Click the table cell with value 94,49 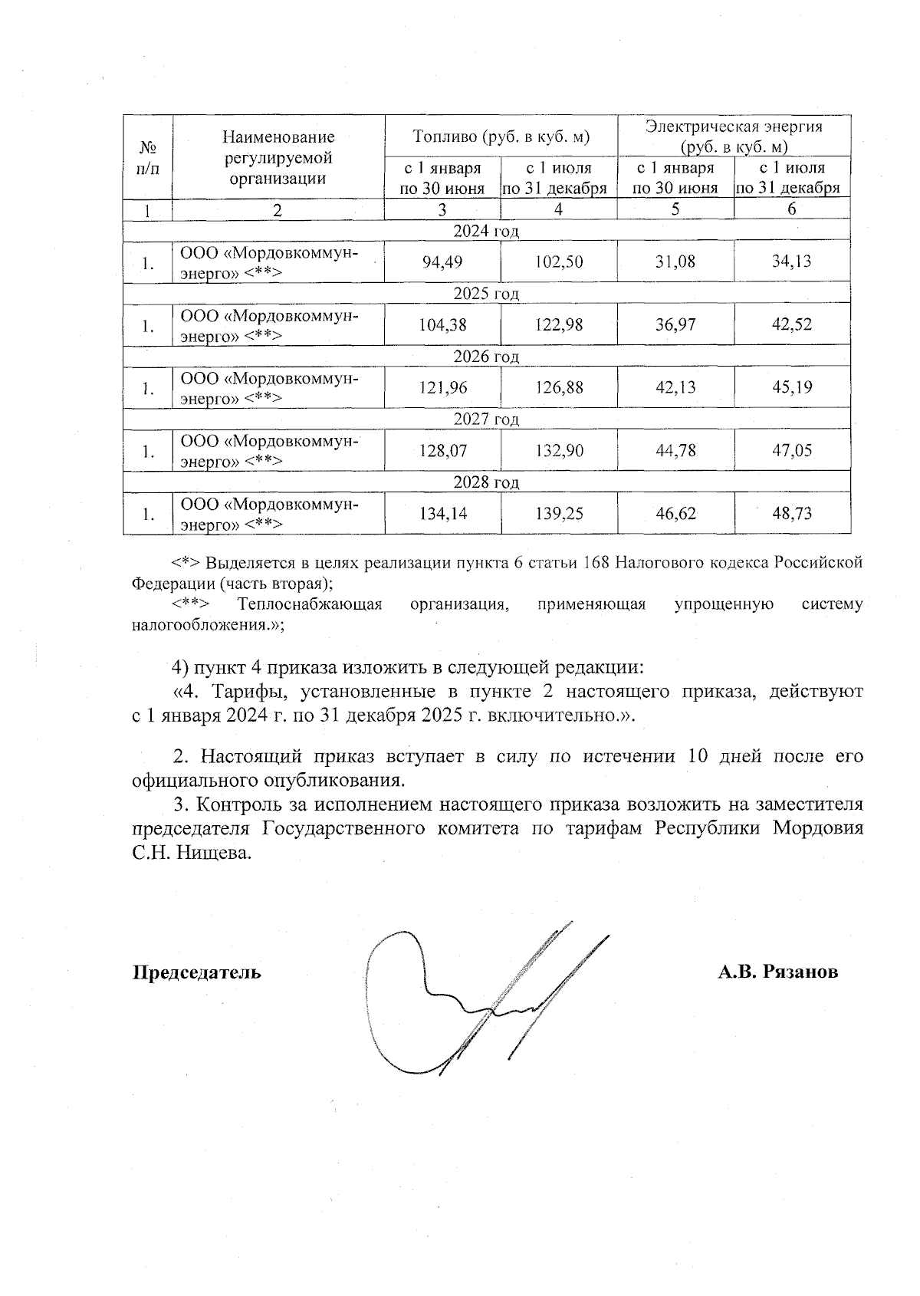442,262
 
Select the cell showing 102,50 559,262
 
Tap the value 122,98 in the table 559,324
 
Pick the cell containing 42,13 675,387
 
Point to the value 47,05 792,450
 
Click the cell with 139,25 559,513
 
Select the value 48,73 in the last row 792,513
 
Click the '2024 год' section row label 486,231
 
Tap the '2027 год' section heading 486,419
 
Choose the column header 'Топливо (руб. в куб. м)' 501,137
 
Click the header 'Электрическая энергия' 734,127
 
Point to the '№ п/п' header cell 148,158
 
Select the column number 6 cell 792,209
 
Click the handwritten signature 475,997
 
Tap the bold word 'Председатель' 197,972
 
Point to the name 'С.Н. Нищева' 192,854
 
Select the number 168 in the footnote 596,562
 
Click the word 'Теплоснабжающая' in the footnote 310,604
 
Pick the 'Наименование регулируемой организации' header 278,158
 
